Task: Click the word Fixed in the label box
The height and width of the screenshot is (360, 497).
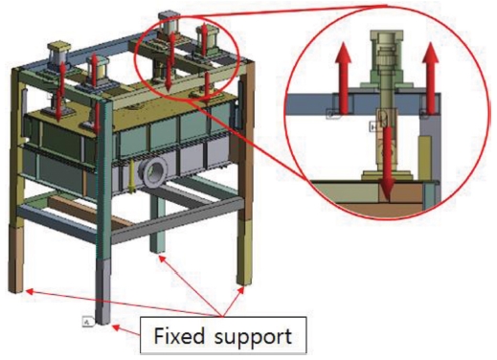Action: click(179, 336)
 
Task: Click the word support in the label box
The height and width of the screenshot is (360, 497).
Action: click(253, 338)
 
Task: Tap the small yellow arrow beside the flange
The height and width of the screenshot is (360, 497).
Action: click(131, 176)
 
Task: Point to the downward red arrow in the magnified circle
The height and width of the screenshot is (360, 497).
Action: click(387, 164)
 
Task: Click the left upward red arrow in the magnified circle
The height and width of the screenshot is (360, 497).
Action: click(343, 78)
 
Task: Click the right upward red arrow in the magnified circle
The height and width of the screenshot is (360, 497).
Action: click(431, 78)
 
